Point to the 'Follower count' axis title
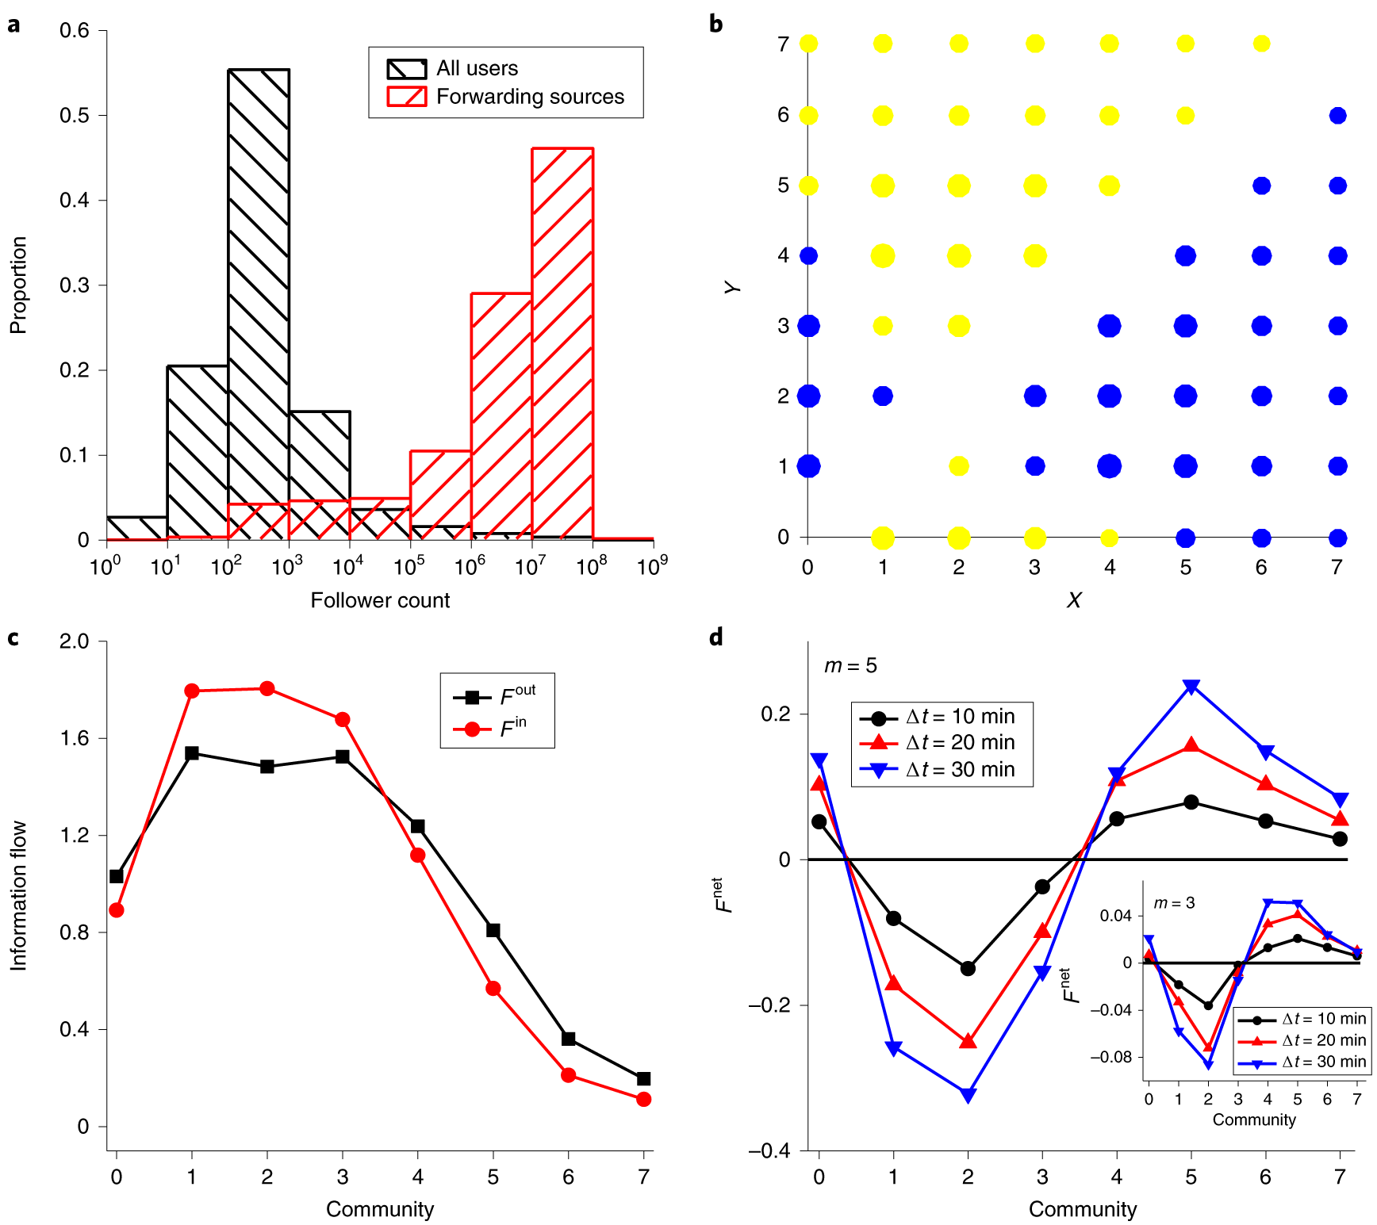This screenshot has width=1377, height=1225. tap(380, 600)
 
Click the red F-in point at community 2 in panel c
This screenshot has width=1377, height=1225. tap(267, 688)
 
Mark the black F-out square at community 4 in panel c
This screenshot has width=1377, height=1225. tap(418, 826)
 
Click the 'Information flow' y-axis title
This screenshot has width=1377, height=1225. tap(18, 895)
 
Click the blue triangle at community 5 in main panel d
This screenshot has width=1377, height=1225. tap(1191, 687)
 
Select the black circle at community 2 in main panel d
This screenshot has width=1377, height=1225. tap(968, 968)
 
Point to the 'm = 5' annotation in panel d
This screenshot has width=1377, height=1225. tap(850, 666)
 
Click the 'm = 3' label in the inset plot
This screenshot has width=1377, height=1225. tap(1174, 903)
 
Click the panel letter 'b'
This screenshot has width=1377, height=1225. tap(716, 25)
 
